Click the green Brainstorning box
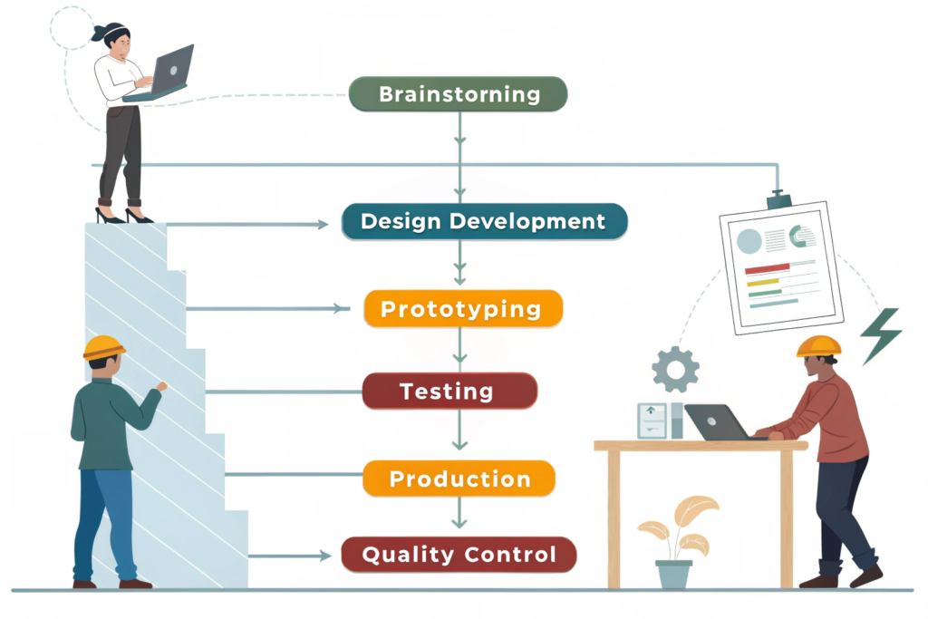(458, 94)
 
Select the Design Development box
(484, 221)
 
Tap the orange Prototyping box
(463, 308)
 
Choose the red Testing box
(449, 391)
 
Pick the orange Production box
(459, 479)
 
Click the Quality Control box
(459, 555)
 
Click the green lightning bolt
(881, 335)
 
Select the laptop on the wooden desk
(716, 422)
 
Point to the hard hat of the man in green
(103, 347)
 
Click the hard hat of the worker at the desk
(818, 347)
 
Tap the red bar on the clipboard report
(767, 268)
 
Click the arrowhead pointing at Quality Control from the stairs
(325, 556)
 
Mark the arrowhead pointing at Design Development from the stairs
(323, 224)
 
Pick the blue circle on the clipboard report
(749, 241)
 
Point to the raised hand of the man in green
(161, 386)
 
